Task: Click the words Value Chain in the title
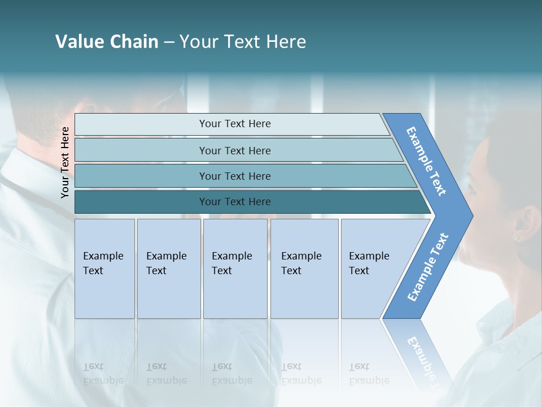coord(107,42)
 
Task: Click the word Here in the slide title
coord(286,42)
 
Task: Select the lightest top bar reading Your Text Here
coord(234,124)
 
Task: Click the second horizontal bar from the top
coord(234,150)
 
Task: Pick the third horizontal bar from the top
coord(234,176)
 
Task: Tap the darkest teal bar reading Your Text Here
coord(234,202)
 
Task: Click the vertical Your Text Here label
coord(65,162)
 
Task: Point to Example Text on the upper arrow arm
coord(426,161)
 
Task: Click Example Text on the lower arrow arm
coord(428,267)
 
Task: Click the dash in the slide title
coord(169,42)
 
